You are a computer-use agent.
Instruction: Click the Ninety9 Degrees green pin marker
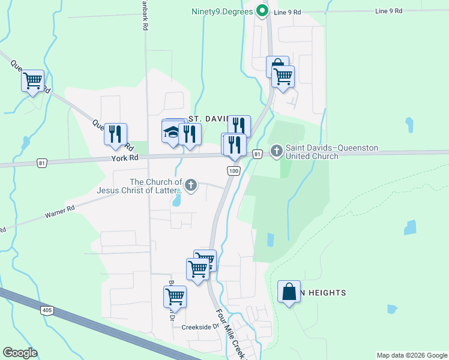[262, 11]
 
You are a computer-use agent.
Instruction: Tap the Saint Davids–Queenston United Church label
[312, 152]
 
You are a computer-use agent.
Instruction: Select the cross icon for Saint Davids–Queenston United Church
[277, 151]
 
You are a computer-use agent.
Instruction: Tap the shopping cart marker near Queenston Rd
[33, 79]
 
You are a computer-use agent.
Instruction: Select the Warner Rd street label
[59, 210]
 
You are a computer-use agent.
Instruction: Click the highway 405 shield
[47, 310]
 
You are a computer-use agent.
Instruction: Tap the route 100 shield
[234, 172]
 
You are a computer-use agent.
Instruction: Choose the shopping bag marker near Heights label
[289, 292]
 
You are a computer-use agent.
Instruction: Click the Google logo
[20, 353]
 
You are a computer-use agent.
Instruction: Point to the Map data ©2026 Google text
[411, 355]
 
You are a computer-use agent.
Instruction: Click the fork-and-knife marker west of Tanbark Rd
[115, 134]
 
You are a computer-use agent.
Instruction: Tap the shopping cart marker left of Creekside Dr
[175, 296]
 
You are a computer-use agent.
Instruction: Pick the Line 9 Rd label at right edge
[390, 11]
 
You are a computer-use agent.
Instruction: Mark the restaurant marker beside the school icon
[190, 134]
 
